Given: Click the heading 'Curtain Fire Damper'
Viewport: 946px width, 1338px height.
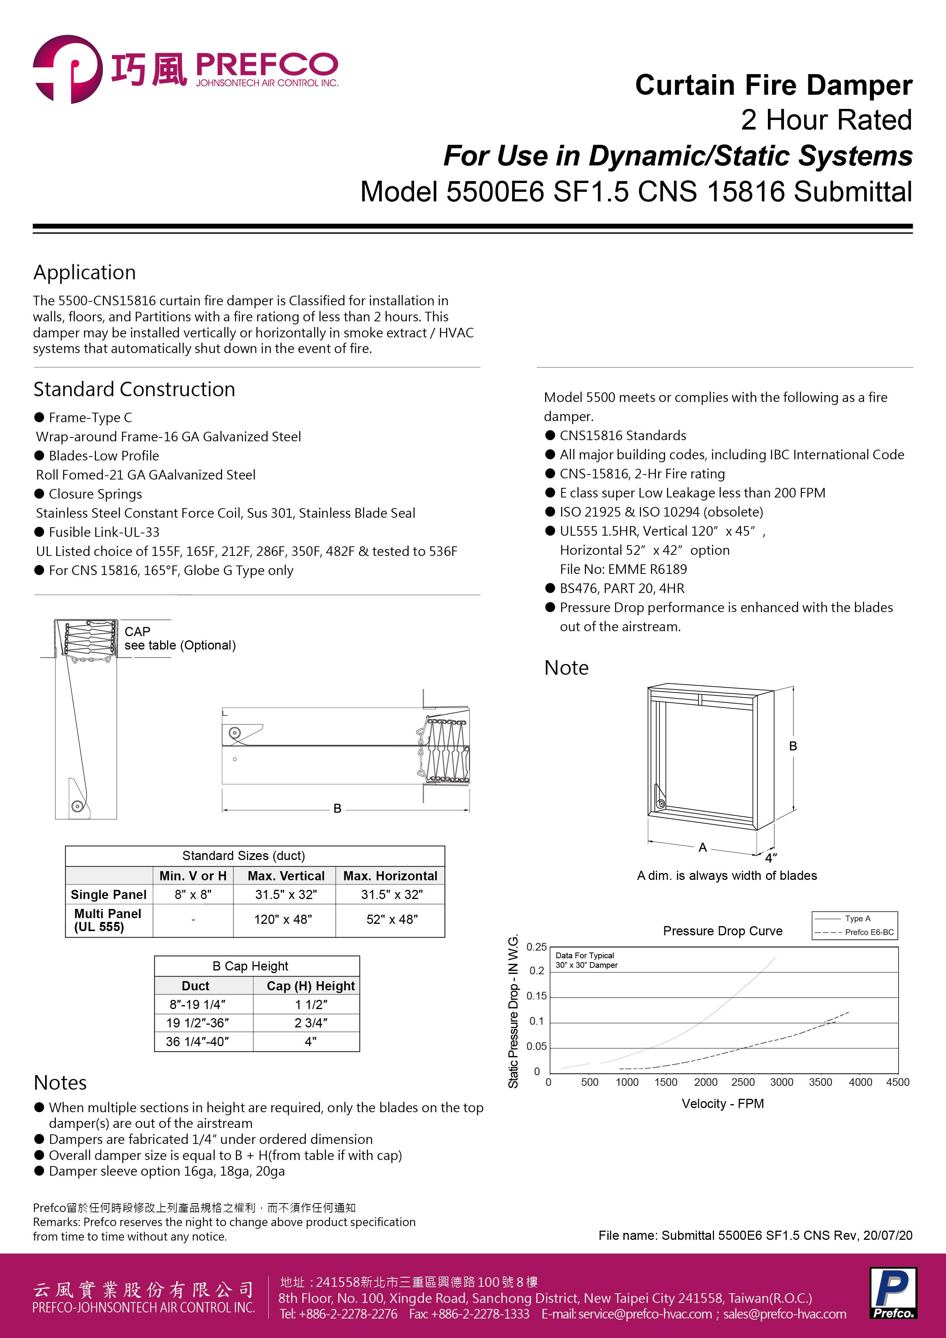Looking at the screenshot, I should point(774,85).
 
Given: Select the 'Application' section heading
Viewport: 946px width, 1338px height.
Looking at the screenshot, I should point(84,272).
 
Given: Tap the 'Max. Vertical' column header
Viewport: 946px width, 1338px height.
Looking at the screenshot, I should point(286,875).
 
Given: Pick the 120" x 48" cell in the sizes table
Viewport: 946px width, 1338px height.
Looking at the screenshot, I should point(283,920).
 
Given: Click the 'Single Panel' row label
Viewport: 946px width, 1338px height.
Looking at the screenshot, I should point(109,894).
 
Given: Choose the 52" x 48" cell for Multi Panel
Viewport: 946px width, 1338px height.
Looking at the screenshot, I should point(392,920).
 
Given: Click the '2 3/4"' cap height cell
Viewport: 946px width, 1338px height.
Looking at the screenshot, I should point(311,1023).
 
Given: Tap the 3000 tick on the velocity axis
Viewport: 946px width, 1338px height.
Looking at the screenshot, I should point(782,1082).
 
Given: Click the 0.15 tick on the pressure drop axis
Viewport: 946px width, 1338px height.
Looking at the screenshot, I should point(537,996).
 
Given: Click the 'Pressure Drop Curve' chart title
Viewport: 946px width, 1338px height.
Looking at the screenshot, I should point(723,931).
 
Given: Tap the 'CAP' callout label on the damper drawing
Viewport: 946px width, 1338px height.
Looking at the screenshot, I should point(138,632).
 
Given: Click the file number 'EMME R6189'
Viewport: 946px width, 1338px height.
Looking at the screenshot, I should point(652,569).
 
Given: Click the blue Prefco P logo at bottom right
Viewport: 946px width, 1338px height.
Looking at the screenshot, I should point(893,1293).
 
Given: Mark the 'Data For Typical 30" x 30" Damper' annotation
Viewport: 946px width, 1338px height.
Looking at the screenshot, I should point(586,961).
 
